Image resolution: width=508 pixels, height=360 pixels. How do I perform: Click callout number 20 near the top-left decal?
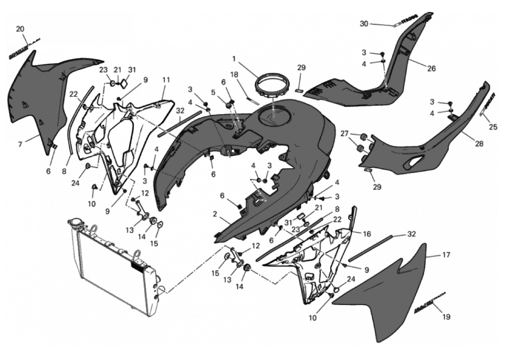(x=20, y=29)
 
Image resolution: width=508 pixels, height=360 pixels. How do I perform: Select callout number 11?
(x=166, y=80)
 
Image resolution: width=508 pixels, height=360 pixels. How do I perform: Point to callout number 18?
(x=246, y=74)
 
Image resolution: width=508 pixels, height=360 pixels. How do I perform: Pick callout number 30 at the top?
(x=364, y=24)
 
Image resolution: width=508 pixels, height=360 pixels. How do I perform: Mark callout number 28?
(x=479, y=144)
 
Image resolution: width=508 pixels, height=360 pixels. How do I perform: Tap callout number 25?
(x=493, y=127)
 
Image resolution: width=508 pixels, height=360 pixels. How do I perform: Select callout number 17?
(x=445, y=255)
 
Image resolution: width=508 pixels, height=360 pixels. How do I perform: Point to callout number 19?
(x=446, y=317)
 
